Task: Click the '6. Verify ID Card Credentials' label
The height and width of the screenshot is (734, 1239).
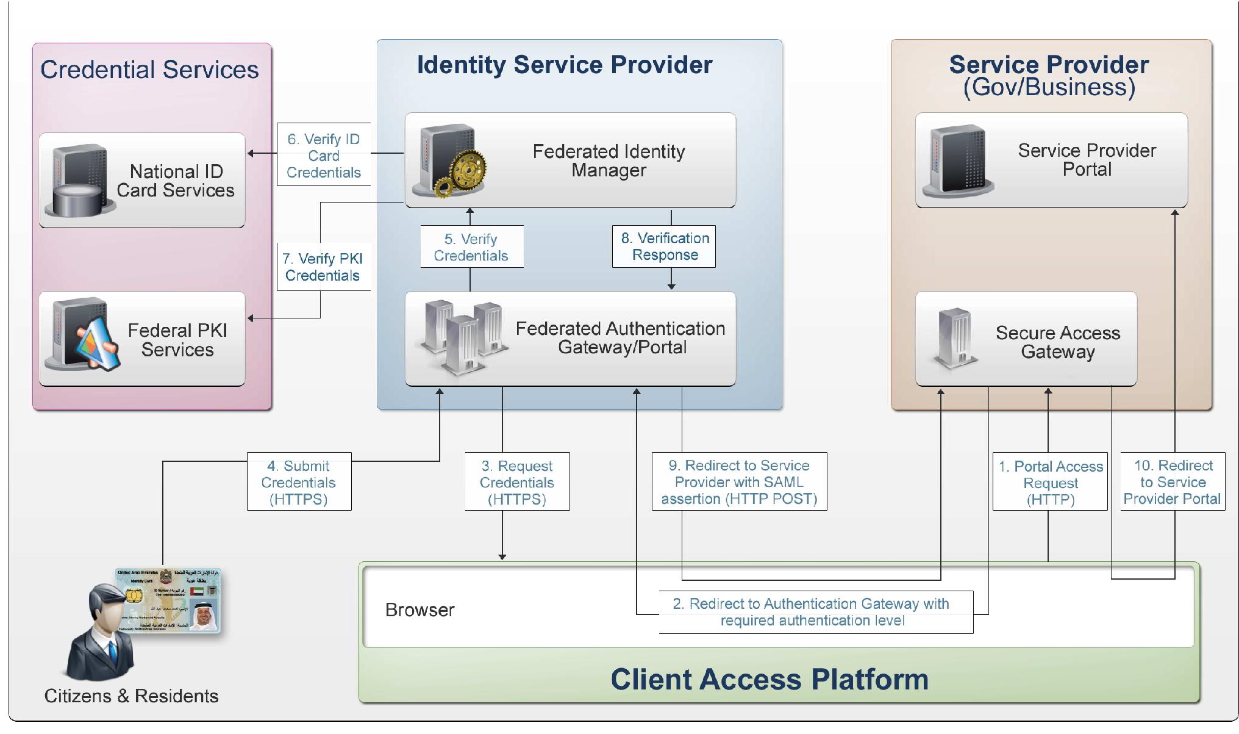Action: pos(324,156)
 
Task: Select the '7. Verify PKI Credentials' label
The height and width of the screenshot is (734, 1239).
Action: pos(323,267)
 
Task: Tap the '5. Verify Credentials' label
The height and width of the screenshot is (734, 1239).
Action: pos(471,247)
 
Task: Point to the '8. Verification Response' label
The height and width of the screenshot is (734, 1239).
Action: pos(665,246)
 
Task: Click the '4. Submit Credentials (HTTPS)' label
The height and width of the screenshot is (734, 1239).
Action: pos(299,482)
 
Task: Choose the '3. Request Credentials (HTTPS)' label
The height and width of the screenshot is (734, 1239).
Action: pos(516,482)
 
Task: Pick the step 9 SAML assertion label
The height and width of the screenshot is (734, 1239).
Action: pos(739,482)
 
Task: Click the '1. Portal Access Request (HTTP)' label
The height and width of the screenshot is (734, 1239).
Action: pos(1051,483)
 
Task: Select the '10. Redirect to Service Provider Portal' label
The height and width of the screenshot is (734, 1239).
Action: pos(1173,482)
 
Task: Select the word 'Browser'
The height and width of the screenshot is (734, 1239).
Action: pos(420,610)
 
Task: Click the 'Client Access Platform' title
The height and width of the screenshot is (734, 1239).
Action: pos(769,679)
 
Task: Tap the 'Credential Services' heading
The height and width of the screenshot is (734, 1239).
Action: pos(149,70)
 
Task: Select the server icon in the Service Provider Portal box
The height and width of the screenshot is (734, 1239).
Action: pos(957,160)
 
